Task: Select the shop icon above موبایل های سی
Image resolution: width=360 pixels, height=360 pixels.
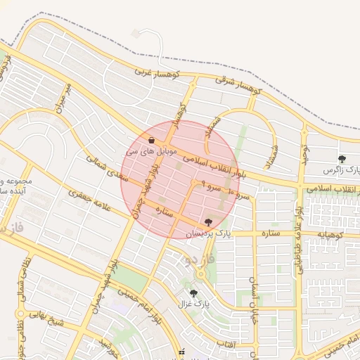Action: (152, 140)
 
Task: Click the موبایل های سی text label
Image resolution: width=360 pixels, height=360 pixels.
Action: (145, 151)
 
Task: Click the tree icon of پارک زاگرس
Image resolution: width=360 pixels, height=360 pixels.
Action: (342, 159)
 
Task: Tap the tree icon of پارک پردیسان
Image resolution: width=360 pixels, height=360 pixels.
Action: (207, 222)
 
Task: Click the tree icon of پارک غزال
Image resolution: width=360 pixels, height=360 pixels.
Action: (193, 294)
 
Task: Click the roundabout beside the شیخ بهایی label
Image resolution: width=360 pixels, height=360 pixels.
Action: (21, 313)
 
